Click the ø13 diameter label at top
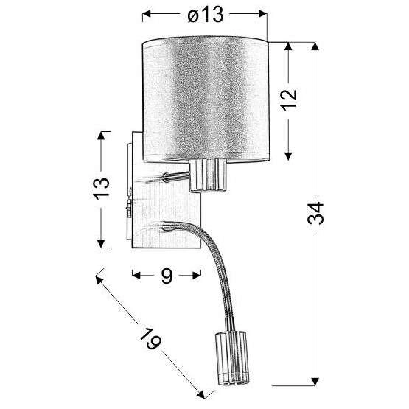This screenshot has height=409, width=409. click(206, 14)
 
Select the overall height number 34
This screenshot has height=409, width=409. click(315, 213)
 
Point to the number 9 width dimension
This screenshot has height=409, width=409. click(167, 276)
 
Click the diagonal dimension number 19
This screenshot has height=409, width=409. click(150, 338)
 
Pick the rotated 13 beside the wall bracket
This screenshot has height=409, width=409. click(102, 189)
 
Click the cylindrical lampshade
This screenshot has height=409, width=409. click(206, 100)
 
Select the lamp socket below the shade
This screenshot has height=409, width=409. click(208, 176)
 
